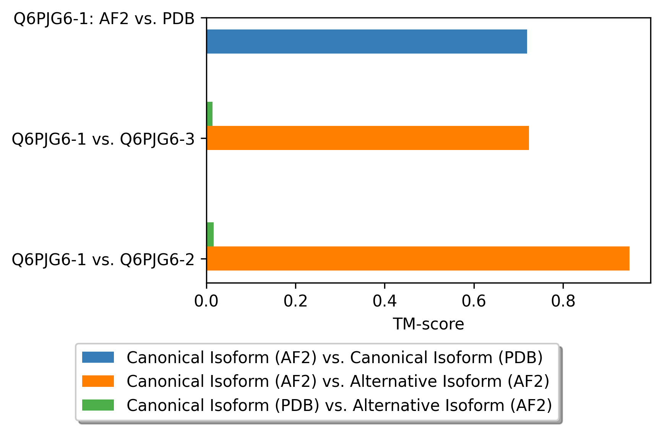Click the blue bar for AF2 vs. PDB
[x=367, y=41]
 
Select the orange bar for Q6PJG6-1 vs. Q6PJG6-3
[x=368, y=138]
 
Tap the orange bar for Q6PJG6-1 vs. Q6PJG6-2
[x=418, y=258]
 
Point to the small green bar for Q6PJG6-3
[x=209, y=114]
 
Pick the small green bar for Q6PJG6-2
[x=210, y=234]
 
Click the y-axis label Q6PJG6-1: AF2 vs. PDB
[x=104, y=18]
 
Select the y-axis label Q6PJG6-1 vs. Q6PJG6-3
[x=103, y=139]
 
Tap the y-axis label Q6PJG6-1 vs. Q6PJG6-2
[x=103, y=259]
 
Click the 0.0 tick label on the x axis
[x=206, y=301]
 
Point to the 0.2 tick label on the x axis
[x=295, y=301]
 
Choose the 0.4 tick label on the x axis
[x=385, y=301]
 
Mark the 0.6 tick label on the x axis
[x=474, y=301]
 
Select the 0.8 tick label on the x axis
[x=563, y=301]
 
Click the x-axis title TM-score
[x=428, y=324]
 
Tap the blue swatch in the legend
[x=98, y=357]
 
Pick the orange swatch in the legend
[x=98, y=381]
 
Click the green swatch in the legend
[x=98, y=405]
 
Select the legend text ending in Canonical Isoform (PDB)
[x=335, y=357]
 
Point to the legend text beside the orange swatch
[x=338, y=381]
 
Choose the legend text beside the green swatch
[x=339, y=405]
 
